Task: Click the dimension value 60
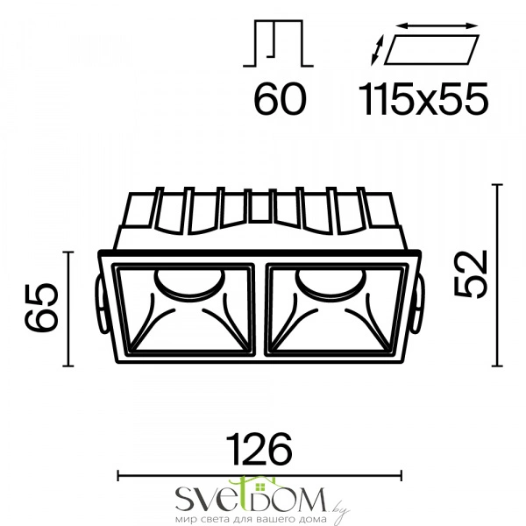pos(280,100)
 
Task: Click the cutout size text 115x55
pos(423,100)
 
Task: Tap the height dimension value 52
pos(470,274)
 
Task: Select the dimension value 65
pos(41,308)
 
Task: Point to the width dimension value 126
pos(259,449)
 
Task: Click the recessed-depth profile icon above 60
pos(278,43)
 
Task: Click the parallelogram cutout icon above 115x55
pos(431,49)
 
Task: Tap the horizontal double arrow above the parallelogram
pos(437,25)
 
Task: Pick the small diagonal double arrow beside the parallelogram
pos(377,50)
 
